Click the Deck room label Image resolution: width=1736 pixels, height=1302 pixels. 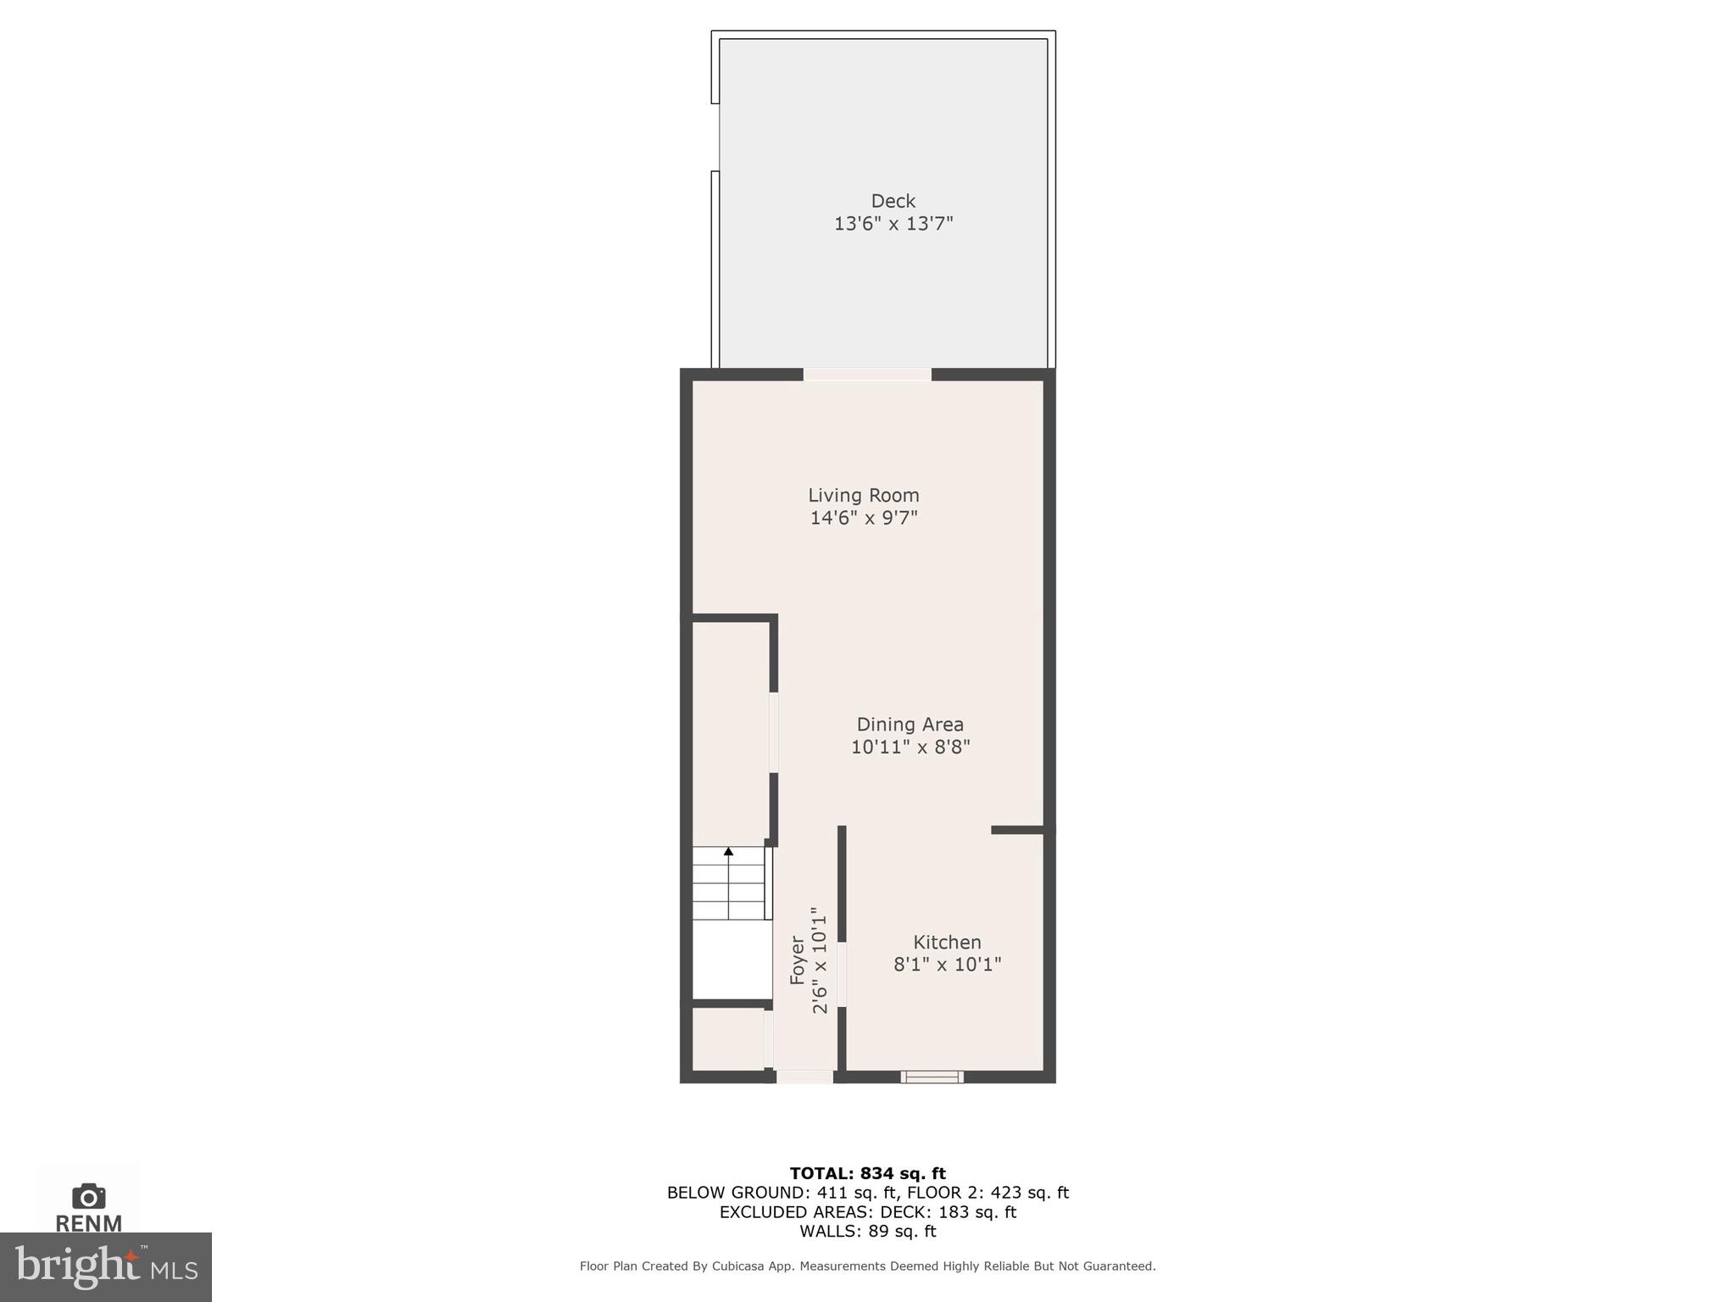[893, 201]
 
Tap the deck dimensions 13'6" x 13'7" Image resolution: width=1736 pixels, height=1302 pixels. [893, 224]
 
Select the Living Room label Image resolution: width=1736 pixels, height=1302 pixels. [863, 495]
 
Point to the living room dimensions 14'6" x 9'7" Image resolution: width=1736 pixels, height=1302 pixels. [863, 518]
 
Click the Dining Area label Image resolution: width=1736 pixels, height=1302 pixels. [910, 724]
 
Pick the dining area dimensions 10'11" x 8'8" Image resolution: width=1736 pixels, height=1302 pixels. [910, 747]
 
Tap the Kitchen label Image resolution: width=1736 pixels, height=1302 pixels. [947, 942]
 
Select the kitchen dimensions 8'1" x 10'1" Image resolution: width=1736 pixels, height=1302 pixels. [947, 965]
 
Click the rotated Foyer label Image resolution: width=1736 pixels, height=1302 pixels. [797, 960]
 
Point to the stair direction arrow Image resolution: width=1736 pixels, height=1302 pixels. [728, 851]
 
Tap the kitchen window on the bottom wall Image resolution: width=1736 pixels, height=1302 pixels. [932, 1077]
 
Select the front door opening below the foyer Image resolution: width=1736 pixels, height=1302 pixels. [804, 1077]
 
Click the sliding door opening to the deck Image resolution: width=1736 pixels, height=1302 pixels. [867, 375]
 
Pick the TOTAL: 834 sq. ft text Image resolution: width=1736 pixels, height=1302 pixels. [867, 1173]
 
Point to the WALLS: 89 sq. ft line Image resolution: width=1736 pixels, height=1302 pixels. [867, 1232]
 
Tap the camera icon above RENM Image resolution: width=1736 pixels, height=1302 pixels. [88, 1196]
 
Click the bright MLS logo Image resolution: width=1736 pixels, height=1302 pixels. [105, 1266]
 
